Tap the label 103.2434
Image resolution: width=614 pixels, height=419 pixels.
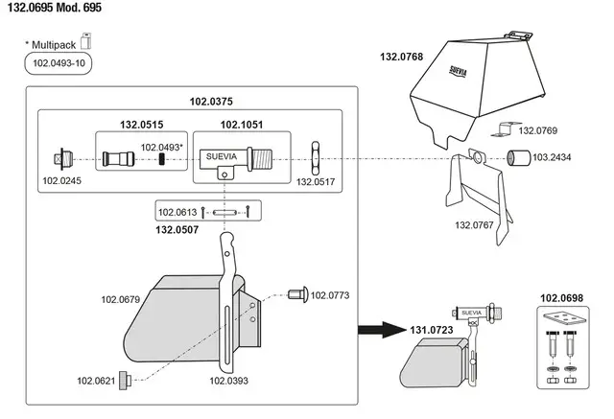553,156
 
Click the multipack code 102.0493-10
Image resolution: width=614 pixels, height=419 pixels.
59,65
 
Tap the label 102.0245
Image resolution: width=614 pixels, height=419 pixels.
62,179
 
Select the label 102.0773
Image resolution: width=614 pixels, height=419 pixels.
331,295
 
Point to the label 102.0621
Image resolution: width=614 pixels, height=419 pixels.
97,380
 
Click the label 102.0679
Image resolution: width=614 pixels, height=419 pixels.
122,300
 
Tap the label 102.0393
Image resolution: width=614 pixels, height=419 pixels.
229,381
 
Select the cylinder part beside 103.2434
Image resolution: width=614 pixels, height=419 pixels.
518,156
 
